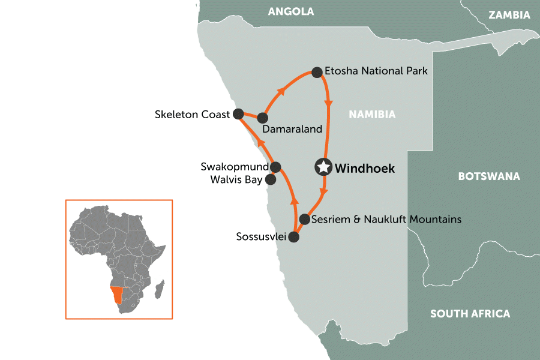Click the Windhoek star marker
[324, 167]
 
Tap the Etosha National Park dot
[316, 72]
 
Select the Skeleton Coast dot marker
[238, 113]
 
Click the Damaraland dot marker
[262, 118]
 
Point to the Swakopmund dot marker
[275, 167]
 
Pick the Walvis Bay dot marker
[271, 179]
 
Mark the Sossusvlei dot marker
[293, 237]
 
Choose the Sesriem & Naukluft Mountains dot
[305, 219]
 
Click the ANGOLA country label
[291, 12]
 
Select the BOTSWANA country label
[488, 176]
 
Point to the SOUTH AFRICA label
[470, 313]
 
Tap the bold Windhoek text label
[365, 169]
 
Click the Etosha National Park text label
[376, 71]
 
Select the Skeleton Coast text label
[192, 113]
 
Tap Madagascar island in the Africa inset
[159, 291]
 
